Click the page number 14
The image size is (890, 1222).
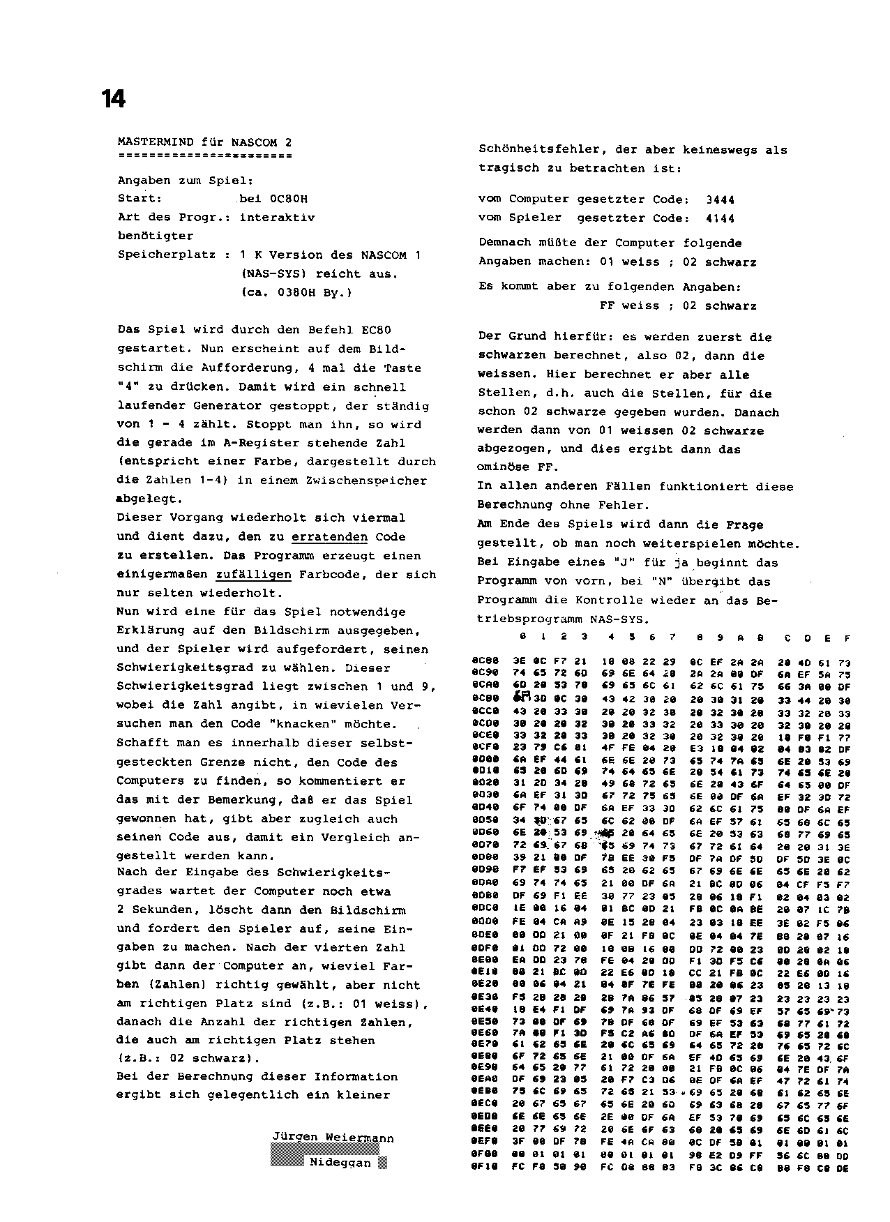point(113,99)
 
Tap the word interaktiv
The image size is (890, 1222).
point(277,218)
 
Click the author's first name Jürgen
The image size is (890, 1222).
point(294,1138)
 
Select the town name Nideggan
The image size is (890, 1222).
point(340,1163)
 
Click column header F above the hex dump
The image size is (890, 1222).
point(847,637)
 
